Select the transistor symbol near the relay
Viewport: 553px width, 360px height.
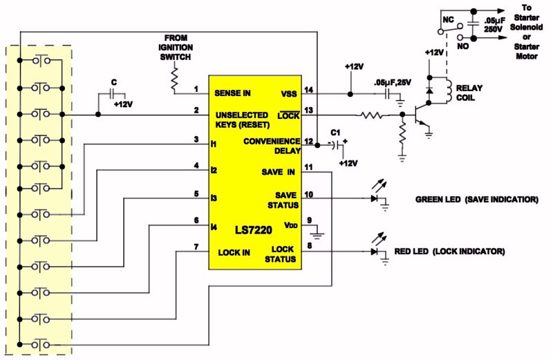click(421, 117)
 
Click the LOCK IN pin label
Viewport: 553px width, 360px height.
click(234, 252)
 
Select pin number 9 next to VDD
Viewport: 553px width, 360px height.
click(308, 221)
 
